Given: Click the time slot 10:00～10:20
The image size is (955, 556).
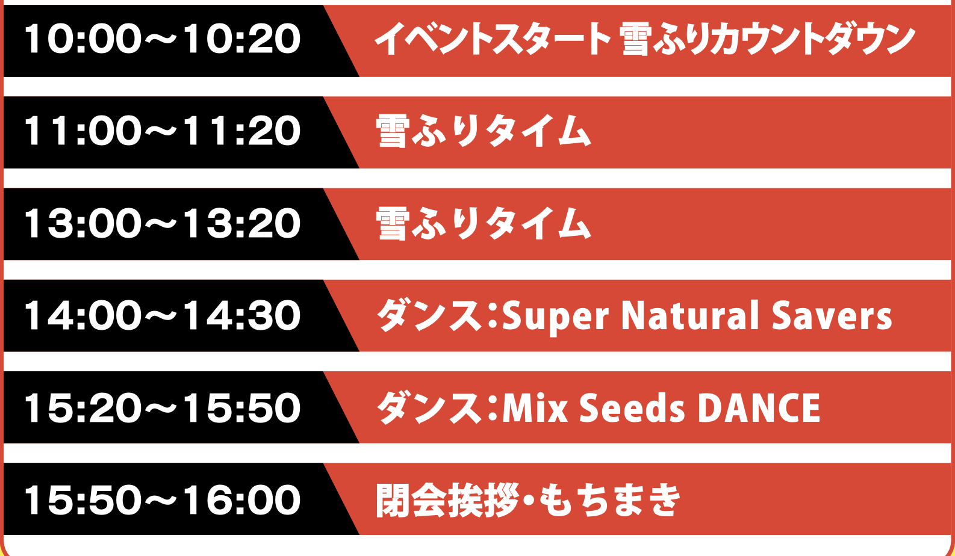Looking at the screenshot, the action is click(163, 39).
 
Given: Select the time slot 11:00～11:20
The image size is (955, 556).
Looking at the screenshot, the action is click(163, 131).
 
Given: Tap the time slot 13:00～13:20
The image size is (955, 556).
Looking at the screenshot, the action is click(163, 223).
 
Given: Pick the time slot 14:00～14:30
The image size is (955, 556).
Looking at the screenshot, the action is click(163, 315).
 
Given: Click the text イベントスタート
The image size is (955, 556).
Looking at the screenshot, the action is click(493, 39).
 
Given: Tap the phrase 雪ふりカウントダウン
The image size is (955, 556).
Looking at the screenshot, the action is click(767, 39).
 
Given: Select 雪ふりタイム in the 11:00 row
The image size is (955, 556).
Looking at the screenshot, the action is click(483, 131).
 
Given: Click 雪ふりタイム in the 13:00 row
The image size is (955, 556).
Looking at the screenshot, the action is click(483, 224).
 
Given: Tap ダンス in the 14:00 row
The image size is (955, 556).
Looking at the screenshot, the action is click(430, 316).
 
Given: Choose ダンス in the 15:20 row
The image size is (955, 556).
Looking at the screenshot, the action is click(430, 408).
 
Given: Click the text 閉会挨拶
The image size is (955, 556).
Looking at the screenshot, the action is click(447, 500).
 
